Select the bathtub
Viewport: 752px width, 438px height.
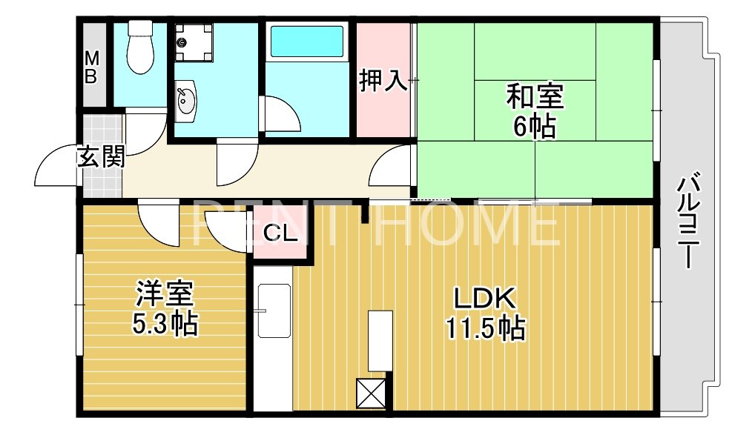click(306, 42)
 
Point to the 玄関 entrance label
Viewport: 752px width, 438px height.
click(100, 158)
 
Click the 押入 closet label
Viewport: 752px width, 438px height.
click(383, 81)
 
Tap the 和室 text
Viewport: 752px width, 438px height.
click(535, 96)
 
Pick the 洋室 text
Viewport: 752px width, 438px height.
click(165, 294)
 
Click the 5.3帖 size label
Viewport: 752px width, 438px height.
click(165, 324)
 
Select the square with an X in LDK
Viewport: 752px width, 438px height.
click(372, 393)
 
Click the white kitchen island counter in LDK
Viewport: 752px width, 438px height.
click(380, 340)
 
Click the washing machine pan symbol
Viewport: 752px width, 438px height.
click(194, 40)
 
